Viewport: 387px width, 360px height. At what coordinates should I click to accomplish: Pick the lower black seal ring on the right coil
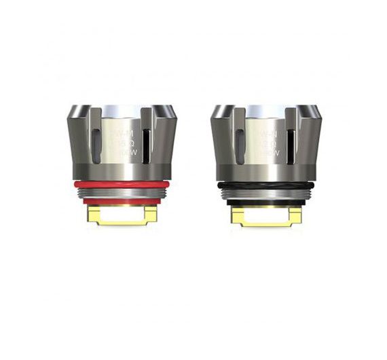pyautogui.click(x=266, y=201)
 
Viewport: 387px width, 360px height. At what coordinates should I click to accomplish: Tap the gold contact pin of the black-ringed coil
pyautogui.click(x=266, y=215)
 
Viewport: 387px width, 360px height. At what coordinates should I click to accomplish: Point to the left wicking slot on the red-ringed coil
pyautogui.click(x=96, y=143)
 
